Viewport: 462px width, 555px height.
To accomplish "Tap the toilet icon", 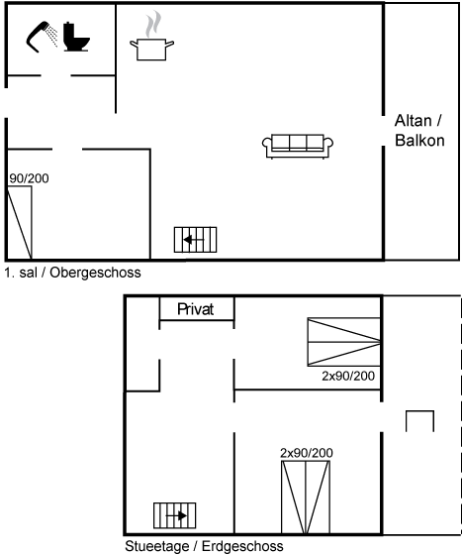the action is click(76, 37).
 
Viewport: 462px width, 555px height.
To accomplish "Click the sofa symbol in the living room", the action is click(298, 147).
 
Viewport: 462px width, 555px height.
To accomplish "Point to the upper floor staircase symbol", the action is click(195, 240).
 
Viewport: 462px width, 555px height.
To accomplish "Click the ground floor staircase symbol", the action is click(174, 515).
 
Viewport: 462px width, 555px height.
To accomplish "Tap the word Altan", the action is click(413, 121).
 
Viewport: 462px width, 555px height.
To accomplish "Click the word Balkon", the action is click(419, 141).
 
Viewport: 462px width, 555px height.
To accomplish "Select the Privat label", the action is click(195, 309).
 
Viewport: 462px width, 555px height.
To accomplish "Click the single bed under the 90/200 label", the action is click(20, 222).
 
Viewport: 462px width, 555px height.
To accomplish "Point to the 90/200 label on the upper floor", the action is click(29, 178).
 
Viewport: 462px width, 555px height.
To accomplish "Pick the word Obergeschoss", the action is click(95, 273).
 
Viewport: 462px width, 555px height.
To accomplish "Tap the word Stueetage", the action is click(157, 546).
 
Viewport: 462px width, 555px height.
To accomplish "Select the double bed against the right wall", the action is click(344, 342).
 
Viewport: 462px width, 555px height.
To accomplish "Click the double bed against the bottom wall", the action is click(306, 498).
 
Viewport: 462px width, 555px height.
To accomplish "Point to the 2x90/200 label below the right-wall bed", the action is click(348, 376).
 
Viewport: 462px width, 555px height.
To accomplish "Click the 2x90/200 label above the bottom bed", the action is click(307, 453).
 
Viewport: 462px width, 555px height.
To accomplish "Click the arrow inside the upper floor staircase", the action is click(194, 240).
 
